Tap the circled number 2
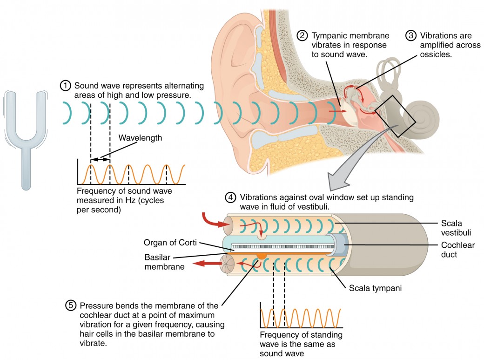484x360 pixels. tap(303, 36)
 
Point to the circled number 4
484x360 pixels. tap(231, 197)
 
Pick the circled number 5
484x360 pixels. tap(71, 306)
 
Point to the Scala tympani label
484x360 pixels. tap(375, 288)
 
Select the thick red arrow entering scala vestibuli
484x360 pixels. tap(210, 220)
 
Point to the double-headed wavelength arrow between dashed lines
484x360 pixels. tap(100, 159)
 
